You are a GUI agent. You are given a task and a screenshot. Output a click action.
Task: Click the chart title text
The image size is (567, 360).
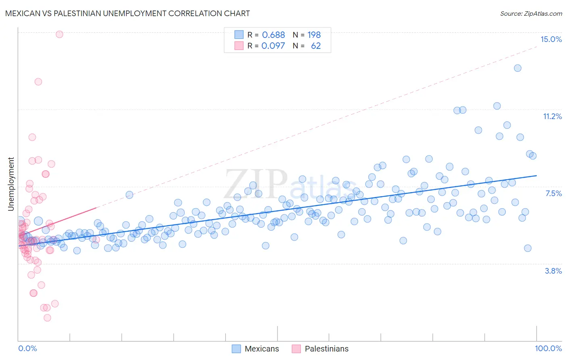127,13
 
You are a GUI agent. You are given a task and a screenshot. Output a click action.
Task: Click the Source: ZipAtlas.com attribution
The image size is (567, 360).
531,13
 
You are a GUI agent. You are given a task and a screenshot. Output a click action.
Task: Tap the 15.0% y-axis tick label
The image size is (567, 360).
551,39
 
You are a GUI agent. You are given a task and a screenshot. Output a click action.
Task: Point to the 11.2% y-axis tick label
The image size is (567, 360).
552,116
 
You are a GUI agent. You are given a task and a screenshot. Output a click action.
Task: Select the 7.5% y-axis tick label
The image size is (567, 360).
553,193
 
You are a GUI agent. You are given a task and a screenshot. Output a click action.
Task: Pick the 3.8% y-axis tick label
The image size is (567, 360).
553,271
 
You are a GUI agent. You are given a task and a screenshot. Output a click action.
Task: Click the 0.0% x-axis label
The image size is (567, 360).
27,348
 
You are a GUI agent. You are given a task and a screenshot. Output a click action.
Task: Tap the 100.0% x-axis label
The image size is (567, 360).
548,348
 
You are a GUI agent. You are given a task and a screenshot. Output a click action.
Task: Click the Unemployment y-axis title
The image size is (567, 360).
11,184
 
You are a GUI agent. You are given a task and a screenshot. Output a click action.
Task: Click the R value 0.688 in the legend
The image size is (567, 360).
273,35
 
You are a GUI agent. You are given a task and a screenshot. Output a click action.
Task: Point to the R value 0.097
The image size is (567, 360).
273,46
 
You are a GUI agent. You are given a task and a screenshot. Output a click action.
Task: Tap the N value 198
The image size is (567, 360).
314,35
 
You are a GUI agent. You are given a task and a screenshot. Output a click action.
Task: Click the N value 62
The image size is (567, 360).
316,46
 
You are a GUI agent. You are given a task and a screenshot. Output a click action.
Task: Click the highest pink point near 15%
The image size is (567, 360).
59,34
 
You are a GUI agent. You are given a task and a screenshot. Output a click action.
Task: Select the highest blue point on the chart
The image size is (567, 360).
517,68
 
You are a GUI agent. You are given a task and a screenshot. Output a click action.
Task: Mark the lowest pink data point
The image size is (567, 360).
47,318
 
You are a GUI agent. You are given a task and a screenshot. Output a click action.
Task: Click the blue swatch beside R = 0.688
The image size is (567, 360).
239,35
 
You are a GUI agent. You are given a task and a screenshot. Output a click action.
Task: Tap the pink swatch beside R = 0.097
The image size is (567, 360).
239,46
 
